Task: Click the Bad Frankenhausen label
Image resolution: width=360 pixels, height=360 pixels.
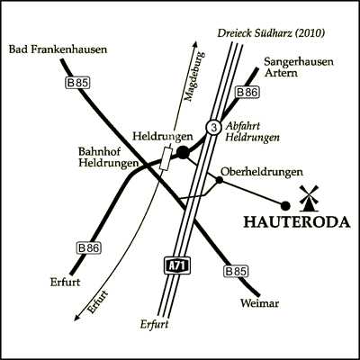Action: point(58,49)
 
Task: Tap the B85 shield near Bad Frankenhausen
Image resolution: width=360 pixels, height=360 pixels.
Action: point(77,83)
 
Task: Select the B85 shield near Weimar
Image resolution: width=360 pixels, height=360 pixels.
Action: point(237,272)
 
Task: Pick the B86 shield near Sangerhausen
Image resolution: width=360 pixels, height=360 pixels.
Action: point(247,93)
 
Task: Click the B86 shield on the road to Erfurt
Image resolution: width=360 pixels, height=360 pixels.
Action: point(89,248)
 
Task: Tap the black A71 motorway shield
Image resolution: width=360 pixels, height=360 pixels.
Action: point(177,265)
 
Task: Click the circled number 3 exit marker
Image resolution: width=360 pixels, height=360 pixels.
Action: point(213,128)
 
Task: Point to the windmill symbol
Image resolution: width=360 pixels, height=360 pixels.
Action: point(309,198)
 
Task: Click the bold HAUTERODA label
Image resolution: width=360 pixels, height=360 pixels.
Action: point(297,222)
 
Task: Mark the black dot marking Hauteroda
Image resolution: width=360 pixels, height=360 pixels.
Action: point(285,206)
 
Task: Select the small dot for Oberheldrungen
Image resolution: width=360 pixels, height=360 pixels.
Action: point(220,180)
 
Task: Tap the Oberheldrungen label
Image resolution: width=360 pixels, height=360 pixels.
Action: point(262,172)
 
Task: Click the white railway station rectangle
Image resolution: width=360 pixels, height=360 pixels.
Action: point(166,158)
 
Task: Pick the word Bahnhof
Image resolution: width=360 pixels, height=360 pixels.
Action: point(95,151)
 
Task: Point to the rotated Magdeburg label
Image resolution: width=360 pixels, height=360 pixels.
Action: point(194,76)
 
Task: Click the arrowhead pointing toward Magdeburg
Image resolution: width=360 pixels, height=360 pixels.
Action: point(194,44)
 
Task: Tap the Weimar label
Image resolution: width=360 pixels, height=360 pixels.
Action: point(259,303)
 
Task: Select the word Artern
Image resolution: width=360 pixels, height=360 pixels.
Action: point(281,73)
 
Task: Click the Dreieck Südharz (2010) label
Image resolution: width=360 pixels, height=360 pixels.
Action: point(271,33)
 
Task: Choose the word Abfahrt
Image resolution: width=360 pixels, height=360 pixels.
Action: point(243,126)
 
